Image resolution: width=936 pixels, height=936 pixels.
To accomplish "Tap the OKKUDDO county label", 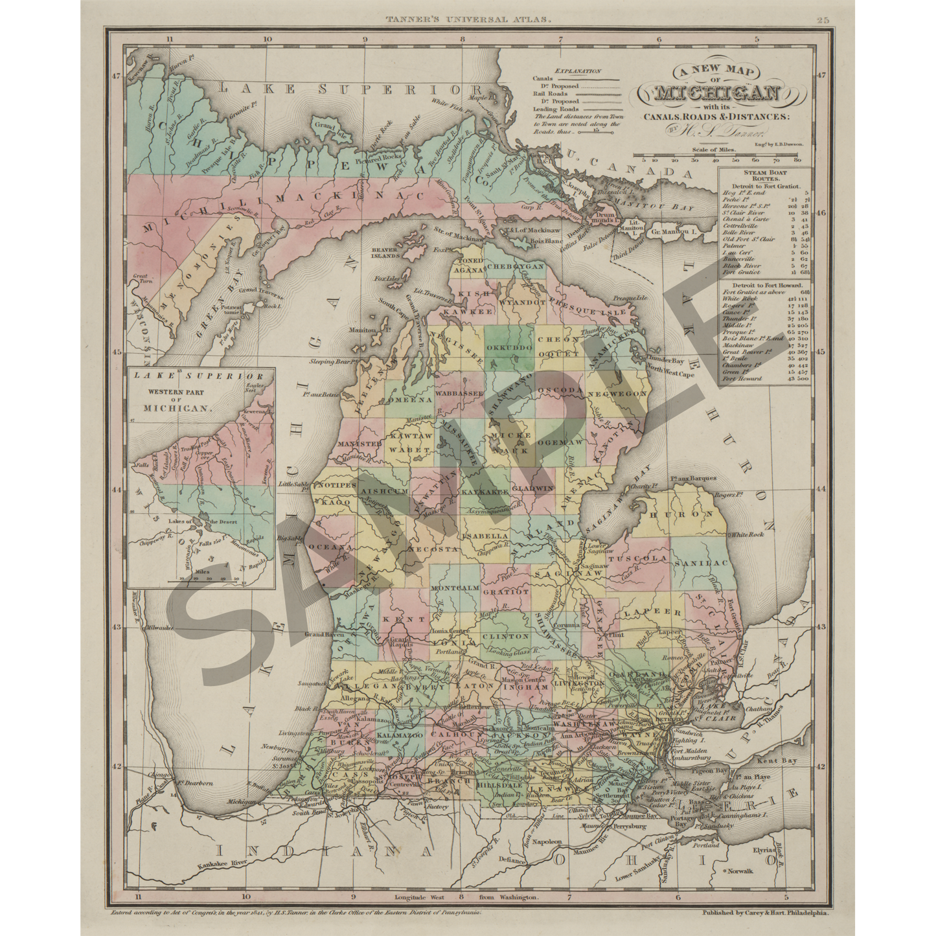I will tap(508, 348).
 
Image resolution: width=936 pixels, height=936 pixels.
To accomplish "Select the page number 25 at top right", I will tap(823, 21).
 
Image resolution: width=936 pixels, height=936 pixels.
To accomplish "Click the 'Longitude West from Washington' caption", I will tap(466, 898).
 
